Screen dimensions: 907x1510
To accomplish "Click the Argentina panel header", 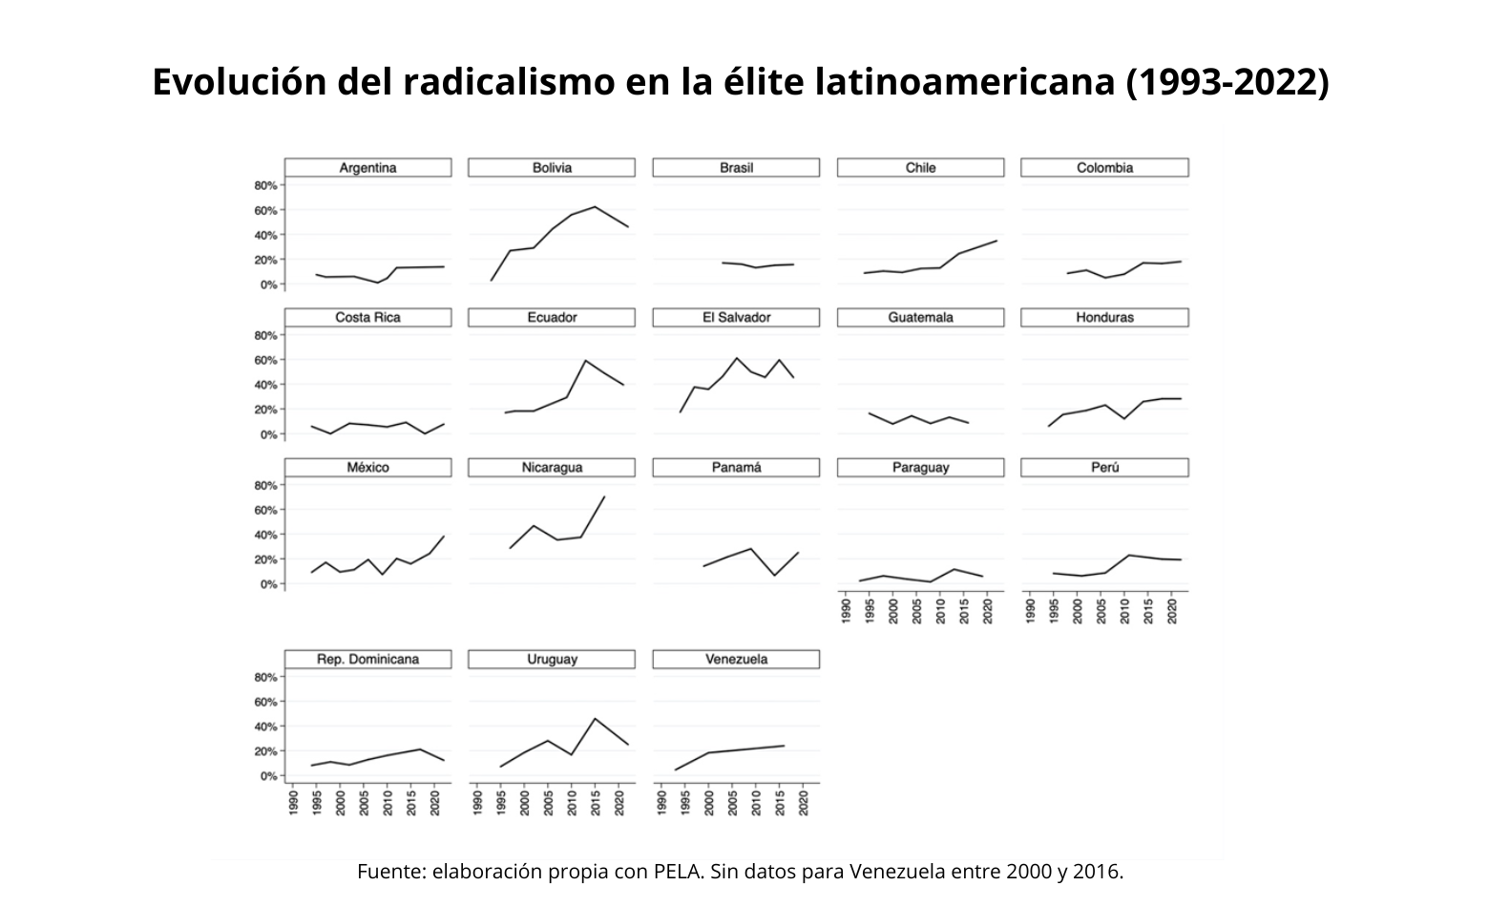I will click(x=367, y=168).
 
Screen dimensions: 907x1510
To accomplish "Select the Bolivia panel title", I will click(x=552, y=168).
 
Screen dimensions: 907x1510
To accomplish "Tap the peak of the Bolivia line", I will click(x=596, y=206).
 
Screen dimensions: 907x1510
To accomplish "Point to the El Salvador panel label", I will click(x=736, y=318).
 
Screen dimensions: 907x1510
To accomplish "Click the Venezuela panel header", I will click(x=736, y=660).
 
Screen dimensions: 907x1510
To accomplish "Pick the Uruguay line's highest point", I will click(x=595, y=718).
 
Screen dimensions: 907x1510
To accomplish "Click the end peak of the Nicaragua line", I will click(x=604, y=496).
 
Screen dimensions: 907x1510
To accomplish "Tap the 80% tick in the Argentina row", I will click(x=266, y=185).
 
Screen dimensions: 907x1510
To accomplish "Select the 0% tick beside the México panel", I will click(x=268, y=584).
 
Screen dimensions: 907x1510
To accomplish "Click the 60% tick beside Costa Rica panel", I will click(x=266, y=360).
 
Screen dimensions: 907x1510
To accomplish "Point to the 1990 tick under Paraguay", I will click(x=847, y=611).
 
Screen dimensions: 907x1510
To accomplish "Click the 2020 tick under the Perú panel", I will click(x=1172, y=611).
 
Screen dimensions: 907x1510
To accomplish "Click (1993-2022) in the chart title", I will click(x=1227, y=83).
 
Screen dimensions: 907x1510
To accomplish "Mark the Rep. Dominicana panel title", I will click(x=367, y=660).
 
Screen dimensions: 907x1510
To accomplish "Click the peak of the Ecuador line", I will click(x=585, y=360).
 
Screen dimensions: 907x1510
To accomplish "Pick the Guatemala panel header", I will click(x=920, y=318).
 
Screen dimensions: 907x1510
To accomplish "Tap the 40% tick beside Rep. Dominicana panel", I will click(x=266, y=727).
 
